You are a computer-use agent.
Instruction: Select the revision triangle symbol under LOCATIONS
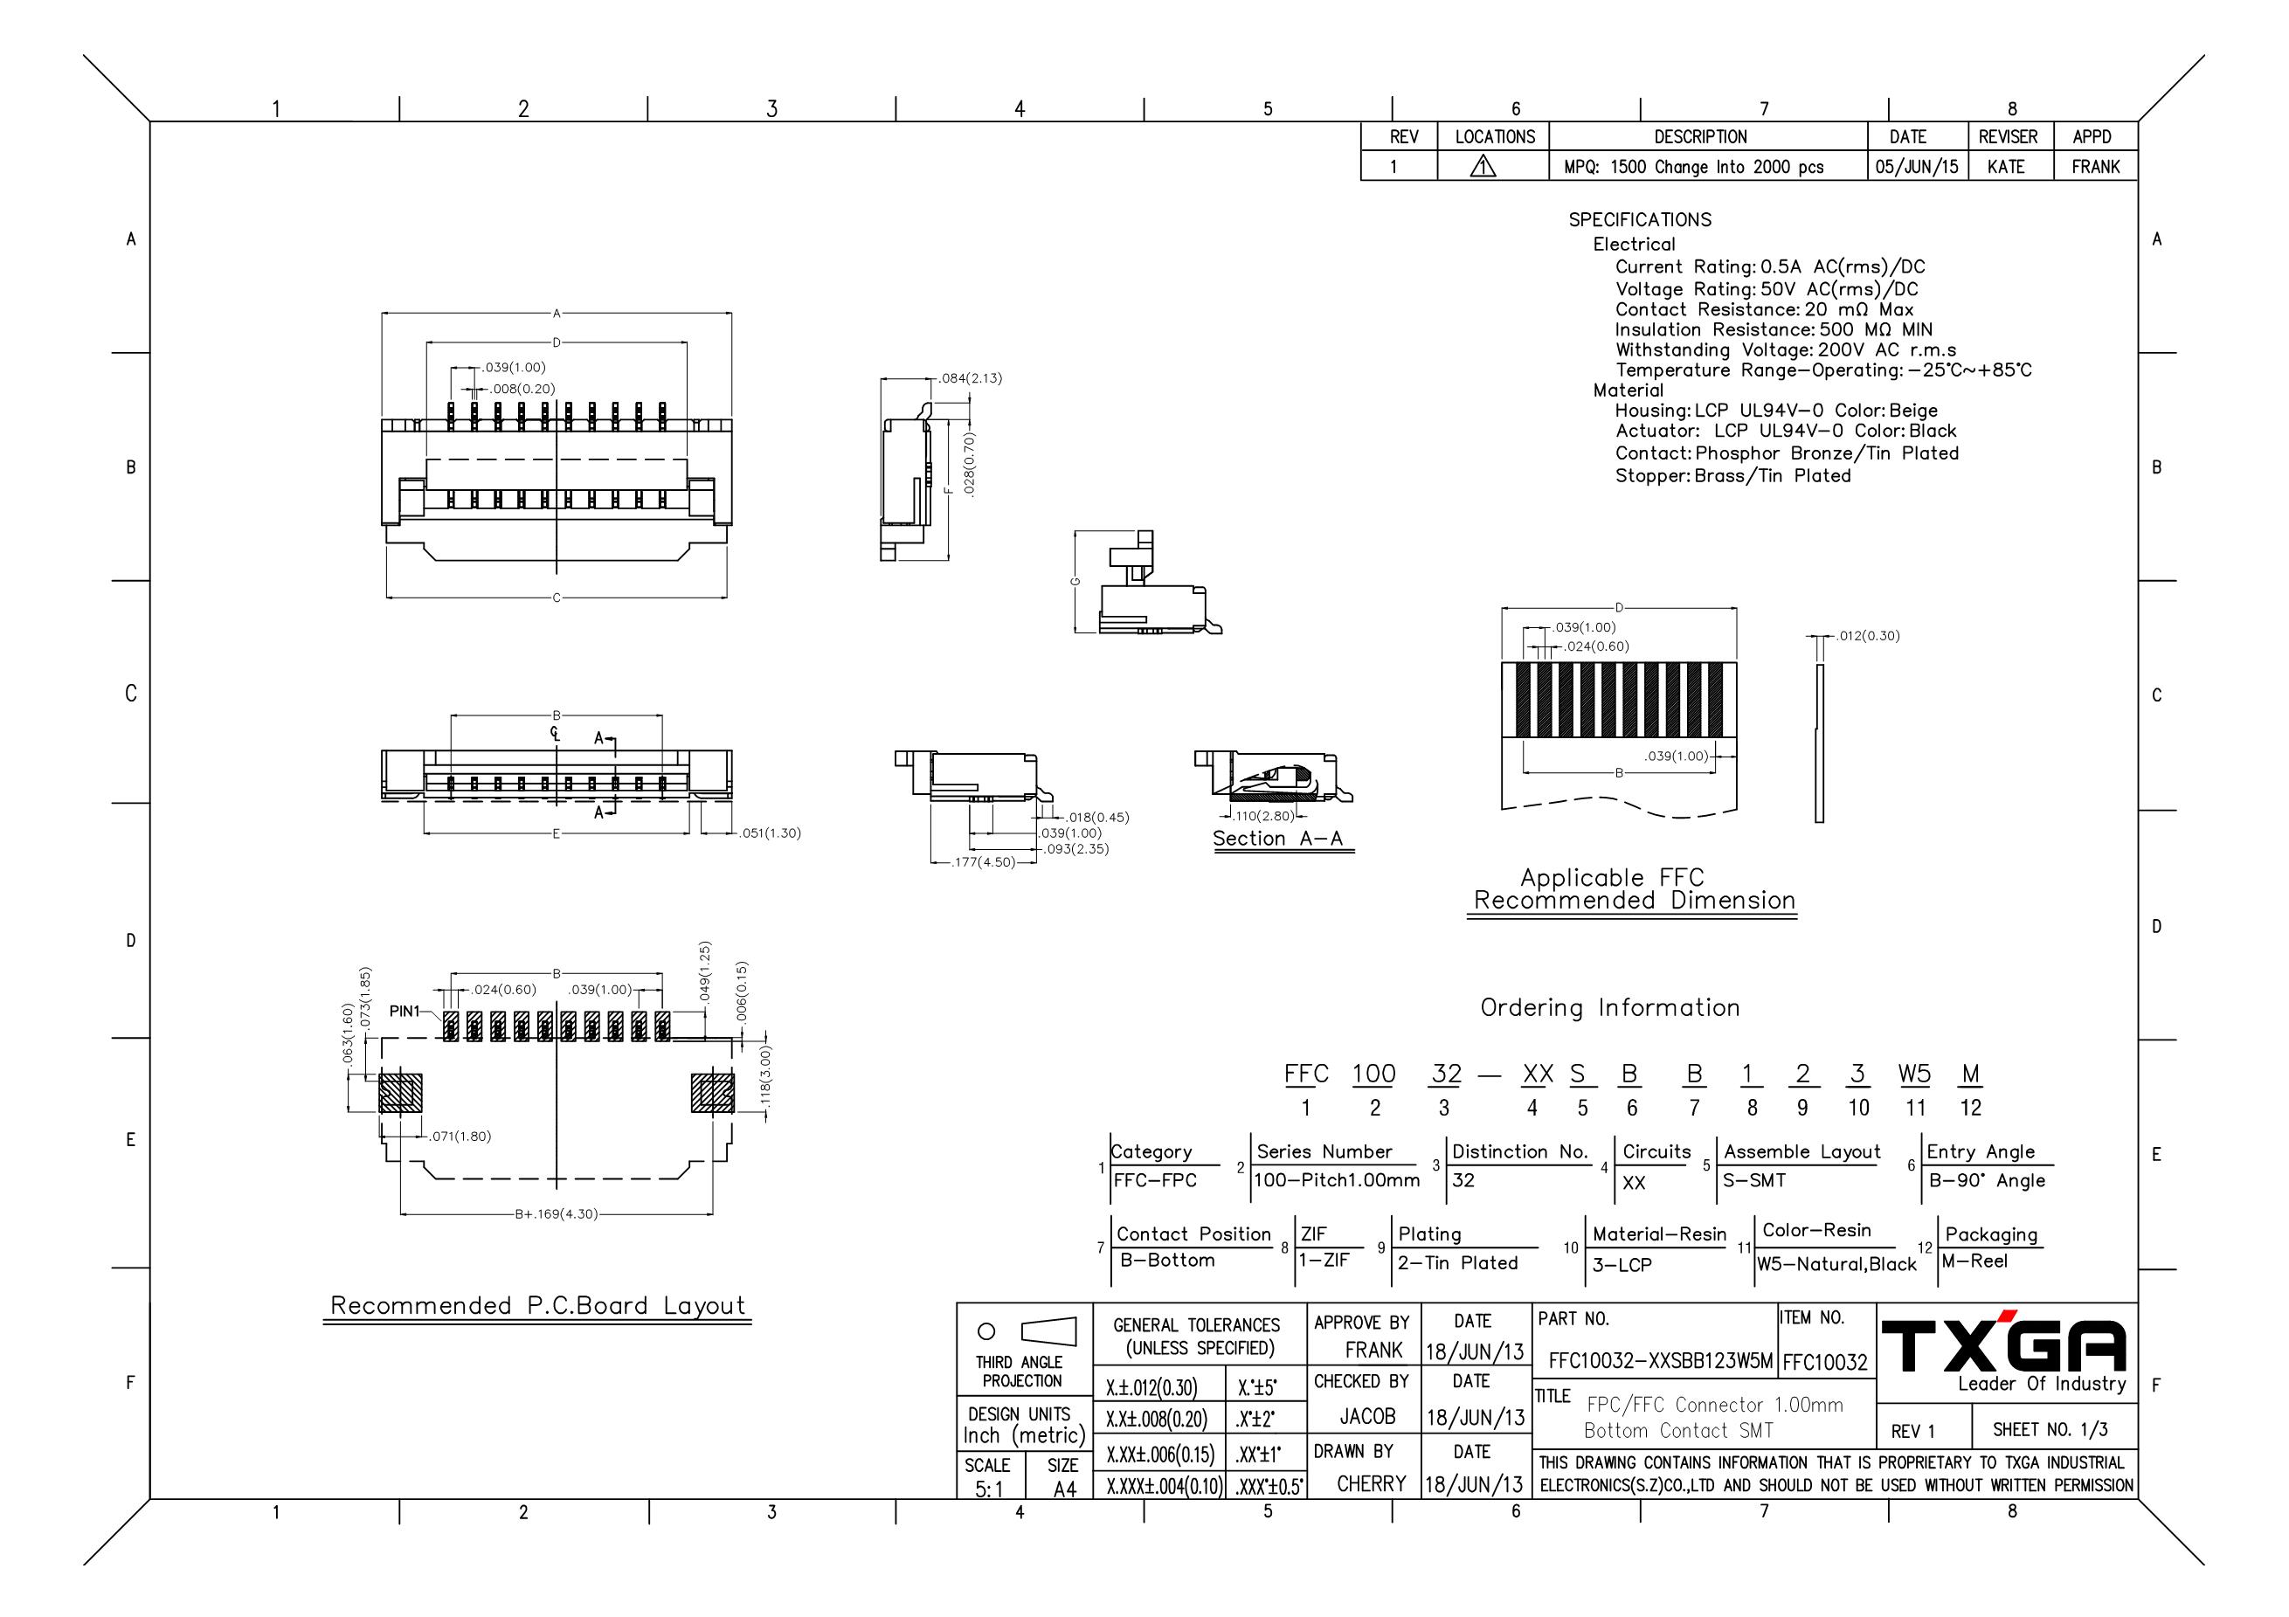[x=1483, y=167]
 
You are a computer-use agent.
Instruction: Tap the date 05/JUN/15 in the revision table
[x=1916, y=167]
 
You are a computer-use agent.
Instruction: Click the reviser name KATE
[x=2006, y=167]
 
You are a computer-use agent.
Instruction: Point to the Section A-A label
[x=1278, y=839]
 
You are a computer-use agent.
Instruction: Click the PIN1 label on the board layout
[x=405, y=1011]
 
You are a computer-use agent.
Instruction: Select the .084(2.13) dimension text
[x=971, y=378]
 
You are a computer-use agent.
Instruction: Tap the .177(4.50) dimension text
[x=984, y=862]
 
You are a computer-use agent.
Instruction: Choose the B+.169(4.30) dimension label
[x=557, y=1214]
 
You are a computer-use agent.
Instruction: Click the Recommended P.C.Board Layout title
[x=537, y=1306]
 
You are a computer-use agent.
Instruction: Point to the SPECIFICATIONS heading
[x=1640, y=219]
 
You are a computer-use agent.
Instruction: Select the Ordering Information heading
[x=1610, y=1008]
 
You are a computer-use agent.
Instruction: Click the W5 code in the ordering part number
[x=1914, y=1074]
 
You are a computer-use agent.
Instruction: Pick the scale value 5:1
[x=989, y=1489]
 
